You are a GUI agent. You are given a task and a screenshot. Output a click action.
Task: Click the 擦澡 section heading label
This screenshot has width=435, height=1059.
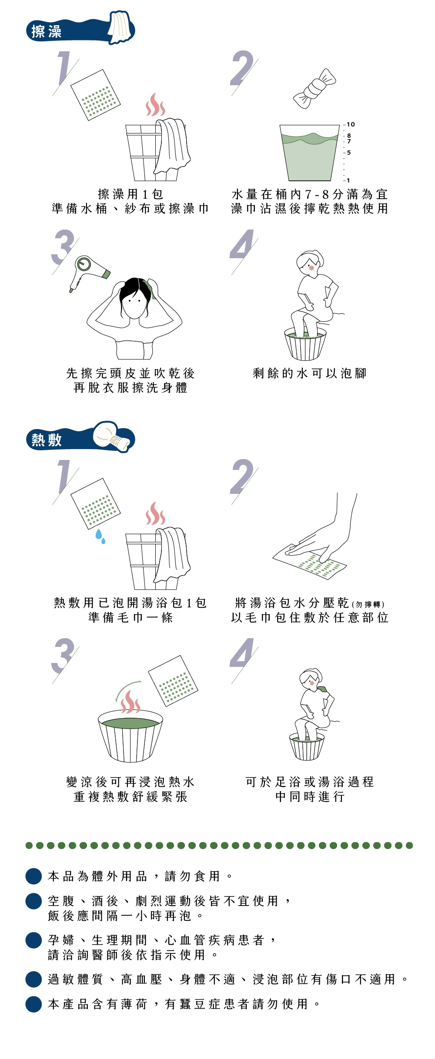pyautogui.click(x=46, y=31)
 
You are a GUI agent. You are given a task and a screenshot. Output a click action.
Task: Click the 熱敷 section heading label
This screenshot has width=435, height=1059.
pyautogui.click(x=46, y=440)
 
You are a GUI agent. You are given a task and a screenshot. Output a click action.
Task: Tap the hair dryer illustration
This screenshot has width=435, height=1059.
pyautogui.click(x=89, y=273)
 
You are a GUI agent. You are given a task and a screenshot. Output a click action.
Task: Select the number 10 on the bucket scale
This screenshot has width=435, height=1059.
pyautogui.click(x=351, y=124)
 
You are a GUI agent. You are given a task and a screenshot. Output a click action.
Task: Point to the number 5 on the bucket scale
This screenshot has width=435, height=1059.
pyautogui.click(x=349, y=153)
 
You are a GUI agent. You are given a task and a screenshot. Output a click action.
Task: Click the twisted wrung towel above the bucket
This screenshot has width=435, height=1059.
pyautogui.click(x=315, y=89)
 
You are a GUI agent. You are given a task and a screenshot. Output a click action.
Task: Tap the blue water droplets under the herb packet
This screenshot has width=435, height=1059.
pyautogui.click(x=100, y=536)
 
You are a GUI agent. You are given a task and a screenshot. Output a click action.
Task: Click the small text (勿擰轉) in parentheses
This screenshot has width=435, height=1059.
pyautogui.click(x=368, y=604)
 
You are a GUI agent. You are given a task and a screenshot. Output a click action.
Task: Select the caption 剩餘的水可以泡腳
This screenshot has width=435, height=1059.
pyautogui.click(x=309, y=373)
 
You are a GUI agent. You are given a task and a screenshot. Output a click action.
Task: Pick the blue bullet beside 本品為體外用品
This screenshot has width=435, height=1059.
pyautogui.click(x=33, y=876)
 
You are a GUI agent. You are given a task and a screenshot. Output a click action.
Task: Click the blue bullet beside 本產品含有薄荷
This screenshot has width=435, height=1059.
pyautogui.click(x=33, y=1004)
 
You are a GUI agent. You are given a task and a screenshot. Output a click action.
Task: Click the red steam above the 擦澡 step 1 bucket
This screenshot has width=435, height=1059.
pyautogui.click(x=155, y=105)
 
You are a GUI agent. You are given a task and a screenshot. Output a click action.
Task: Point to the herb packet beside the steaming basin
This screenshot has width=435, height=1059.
pyautogui.click(x=173, y=681)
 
